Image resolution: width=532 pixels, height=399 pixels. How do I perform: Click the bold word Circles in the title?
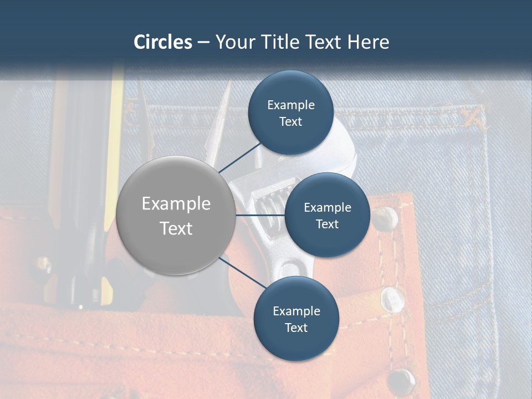coord(163,42)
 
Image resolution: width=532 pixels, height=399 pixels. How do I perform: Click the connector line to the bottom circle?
coord(241,274)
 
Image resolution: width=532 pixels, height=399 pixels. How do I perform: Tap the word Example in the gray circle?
coord(176,204)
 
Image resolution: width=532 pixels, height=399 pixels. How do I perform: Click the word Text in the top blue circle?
coord(290,122)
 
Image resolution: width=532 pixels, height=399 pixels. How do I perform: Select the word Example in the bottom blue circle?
coord(296,311)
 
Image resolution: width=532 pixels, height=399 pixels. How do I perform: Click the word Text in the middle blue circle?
coord(327,224)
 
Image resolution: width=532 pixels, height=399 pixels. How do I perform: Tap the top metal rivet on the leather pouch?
coord(385,218)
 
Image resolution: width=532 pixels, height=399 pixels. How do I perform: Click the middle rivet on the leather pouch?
coord(392,299)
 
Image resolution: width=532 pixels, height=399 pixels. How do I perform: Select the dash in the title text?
coord(203,42)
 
